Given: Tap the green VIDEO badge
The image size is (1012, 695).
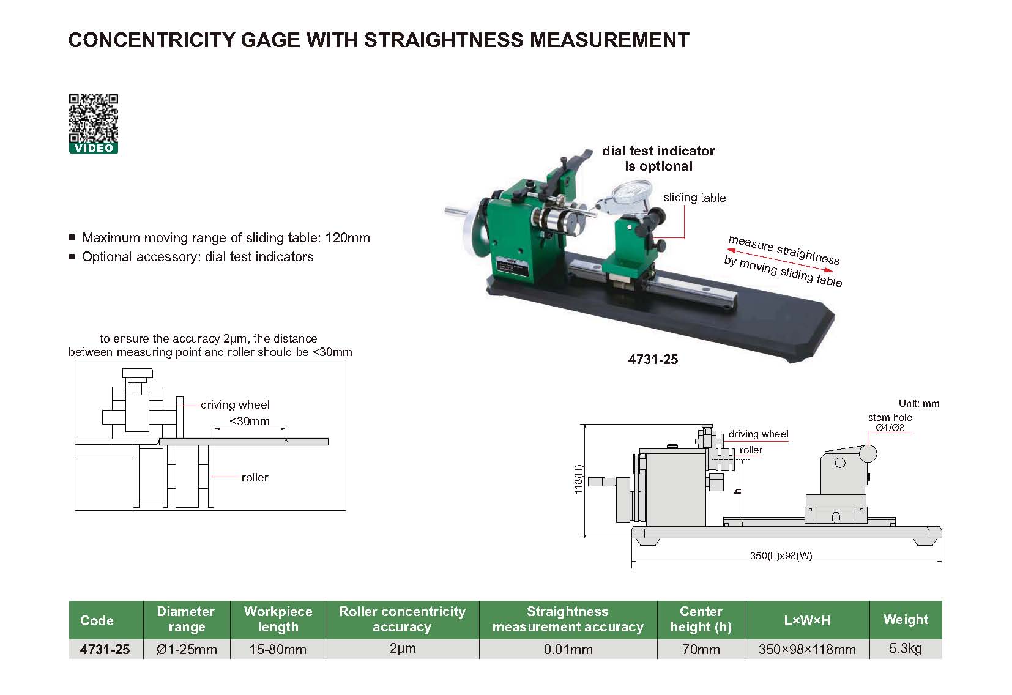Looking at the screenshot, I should pos(93,148).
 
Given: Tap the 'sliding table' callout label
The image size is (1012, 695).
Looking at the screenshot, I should pos(694,198).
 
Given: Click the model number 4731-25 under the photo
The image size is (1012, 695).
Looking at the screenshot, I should pos(653,360).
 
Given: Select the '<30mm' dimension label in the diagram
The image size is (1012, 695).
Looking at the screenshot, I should pos(249,421).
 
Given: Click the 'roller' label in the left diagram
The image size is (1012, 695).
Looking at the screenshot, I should pos(255,477).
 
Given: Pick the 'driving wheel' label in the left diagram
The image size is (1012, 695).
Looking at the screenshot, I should pos(235,404).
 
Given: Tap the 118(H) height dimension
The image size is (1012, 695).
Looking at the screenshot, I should pos(579,479).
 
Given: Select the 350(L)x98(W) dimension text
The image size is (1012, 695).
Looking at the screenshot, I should pos(781,556).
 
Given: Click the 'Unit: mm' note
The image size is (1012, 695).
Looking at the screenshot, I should pos(918,403).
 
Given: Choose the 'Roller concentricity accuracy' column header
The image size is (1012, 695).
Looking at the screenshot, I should pos(402,619).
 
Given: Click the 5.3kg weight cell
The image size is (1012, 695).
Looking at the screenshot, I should pos(905,649).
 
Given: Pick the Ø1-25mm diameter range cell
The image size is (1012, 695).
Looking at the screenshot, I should pos(187,649).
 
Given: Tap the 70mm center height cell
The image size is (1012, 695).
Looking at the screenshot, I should pos(701,649).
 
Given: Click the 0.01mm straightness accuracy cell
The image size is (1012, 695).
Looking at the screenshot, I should pos(568,649).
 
